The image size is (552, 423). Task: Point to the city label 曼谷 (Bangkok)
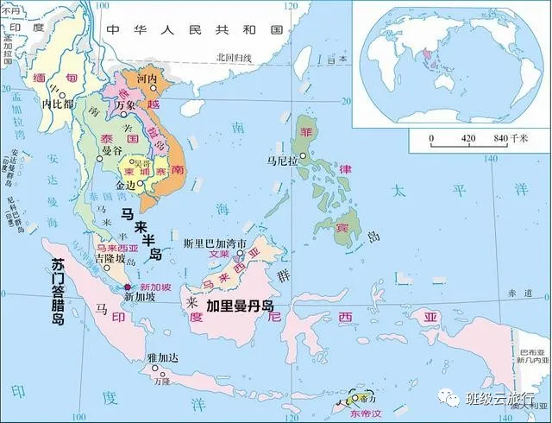(x=112, y=150)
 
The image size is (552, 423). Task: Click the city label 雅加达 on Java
(x=162, y=356)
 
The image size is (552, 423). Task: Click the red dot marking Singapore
(x=128, y=287)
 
